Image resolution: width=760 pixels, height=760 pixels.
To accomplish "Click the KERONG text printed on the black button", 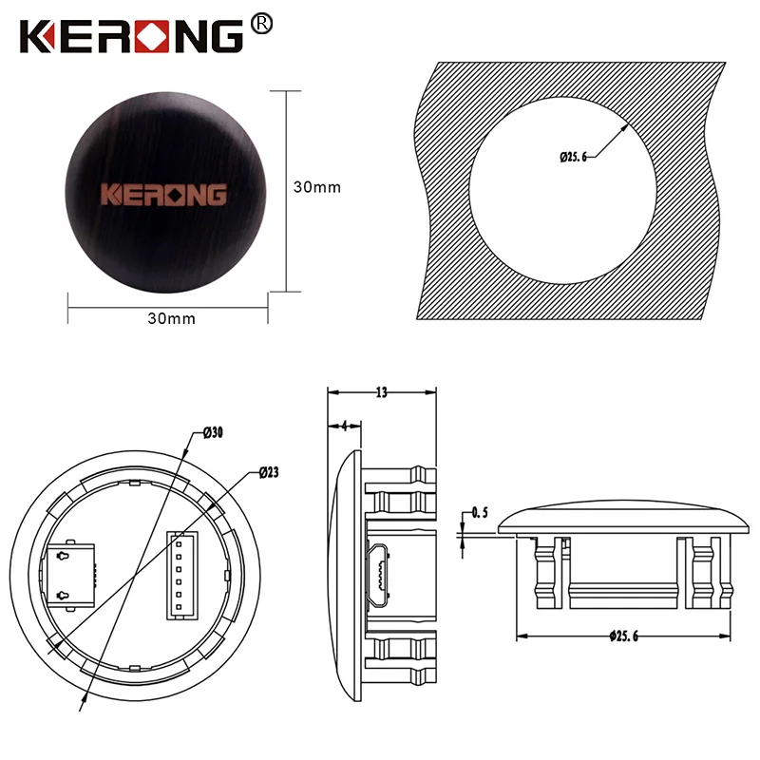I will (164, 194).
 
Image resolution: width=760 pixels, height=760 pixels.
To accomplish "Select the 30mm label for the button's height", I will (316, 187).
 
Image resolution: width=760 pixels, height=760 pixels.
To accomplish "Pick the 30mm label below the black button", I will (171, 318).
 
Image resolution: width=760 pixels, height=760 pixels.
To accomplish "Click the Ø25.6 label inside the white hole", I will (573, 156).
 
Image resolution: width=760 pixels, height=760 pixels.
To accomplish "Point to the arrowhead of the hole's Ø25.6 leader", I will (628, 123).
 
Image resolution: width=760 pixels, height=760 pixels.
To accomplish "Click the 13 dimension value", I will (381, 391).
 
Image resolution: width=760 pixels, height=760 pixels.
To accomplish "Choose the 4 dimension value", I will (344, 426).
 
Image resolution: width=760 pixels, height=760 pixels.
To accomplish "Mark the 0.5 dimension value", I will (480, 513).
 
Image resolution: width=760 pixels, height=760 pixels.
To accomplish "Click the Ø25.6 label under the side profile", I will (623, 636).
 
